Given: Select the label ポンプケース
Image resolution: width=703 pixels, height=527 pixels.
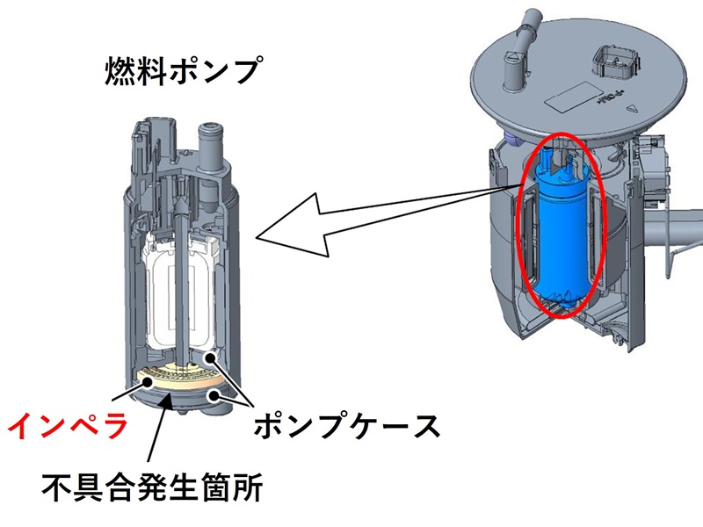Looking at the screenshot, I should coord(344,428).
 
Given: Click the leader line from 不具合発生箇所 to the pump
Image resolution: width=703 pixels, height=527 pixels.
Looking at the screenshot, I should coord(157,439).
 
